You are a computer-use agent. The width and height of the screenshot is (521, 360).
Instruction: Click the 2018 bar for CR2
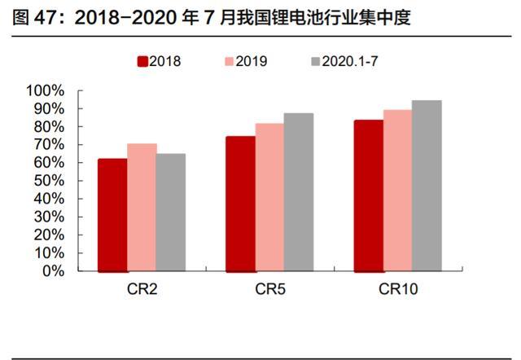(112, 215)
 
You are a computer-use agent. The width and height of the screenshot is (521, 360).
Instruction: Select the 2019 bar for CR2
(142, 208)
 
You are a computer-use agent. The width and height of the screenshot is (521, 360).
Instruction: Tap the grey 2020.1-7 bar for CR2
(171, 213)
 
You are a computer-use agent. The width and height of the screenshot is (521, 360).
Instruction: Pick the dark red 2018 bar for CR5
(240, 204)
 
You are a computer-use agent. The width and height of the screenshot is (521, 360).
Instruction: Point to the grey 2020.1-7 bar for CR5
(299, 192)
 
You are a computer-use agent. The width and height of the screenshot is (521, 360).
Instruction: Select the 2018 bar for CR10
(368, 195)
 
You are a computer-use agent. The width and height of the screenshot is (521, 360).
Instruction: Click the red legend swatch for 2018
(142, 60)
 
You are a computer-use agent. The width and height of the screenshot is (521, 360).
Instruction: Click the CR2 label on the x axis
(141, 290)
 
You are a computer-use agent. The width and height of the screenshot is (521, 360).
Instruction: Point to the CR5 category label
(269, 290)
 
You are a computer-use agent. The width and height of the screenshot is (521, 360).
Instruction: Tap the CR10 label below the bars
(396, 290)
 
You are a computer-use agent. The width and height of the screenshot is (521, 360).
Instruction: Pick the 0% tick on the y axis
(55, 271)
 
